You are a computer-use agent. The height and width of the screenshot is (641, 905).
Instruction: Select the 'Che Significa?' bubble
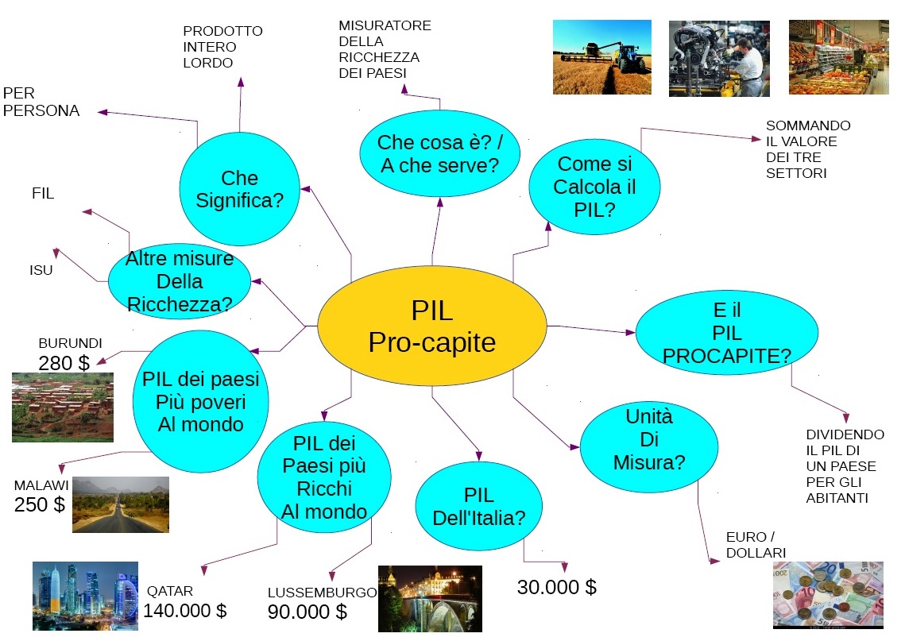click(239, 189)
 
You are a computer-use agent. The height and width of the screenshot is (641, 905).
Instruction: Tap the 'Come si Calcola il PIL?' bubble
click(594, 187)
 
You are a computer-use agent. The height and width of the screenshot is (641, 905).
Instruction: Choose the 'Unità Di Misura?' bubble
click(649, 439)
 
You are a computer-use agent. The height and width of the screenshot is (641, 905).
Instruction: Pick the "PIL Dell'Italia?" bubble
click(479, 507)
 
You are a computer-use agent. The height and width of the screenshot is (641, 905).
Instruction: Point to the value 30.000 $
click(556, 588)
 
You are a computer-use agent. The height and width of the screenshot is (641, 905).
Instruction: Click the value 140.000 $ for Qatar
click(185, 611)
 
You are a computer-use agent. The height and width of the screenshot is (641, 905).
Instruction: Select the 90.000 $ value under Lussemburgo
click(307, 612)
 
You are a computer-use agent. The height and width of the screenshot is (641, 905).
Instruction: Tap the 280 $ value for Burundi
click(64, 363)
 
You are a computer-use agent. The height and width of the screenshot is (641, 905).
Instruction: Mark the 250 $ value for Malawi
click(40, 504)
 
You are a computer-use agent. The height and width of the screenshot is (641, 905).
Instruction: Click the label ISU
click(41, 271)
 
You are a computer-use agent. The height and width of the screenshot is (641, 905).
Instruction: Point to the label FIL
click(43, 193)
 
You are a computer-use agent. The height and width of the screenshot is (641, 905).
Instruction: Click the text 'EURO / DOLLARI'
click(756, 544)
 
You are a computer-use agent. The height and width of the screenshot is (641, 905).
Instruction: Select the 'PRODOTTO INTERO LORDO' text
click(222, 47)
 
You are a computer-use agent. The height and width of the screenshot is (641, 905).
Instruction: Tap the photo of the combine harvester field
click(601, 57)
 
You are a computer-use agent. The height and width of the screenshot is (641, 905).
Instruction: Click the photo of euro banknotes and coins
click(828, 594)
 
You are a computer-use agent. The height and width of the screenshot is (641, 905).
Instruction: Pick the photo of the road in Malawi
click(120, 504)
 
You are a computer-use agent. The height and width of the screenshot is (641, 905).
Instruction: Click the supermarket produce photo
click(838, 57)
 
